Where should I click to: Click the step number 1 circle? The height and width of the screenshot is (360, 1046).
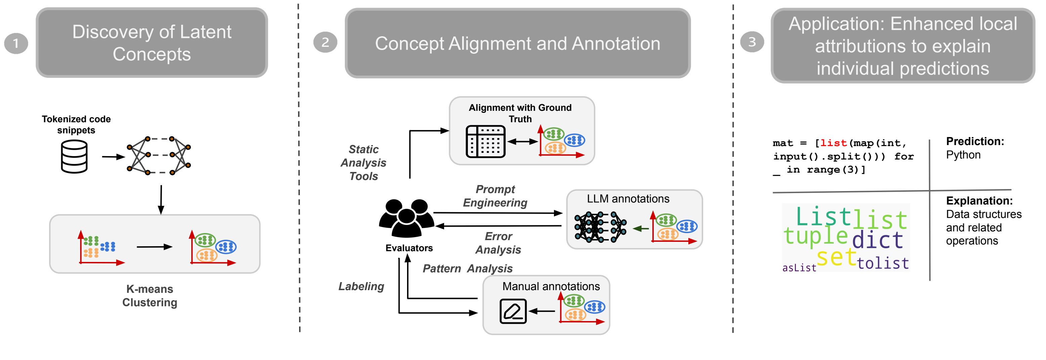tap(16, 43)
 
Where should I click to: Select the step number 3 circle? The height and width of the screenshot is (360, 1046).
tap(752, 42)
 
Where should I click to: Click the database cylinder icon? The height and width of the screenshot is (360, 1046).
tap(74, 157)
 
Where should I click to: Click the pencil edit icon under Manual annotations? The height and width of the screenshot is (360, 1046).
tap(513, 311)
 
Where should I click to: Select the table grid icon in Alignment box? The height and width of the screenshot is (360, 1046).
tap(486, 141)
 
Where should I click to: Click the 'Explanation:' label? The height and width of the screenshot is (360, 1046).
tap(979, 200)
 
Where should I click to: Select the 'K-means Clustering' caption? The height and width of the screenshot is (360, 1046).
tap(150, 296)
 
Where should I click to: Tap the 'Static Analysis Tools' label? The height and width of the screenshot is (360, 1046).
tap(363, 163)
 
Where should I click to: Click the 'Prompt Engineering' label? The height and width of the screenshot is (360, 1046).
tap(495, 196)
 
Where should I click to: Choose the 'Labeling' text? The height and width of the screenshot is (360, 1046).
tap(361, 286)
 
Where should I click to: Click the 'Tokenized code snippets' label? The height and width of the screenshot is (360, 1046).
tap(76, 125)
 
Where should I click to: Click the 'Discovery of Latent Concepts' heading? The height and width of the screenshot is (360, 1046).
tap(152, 43)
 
